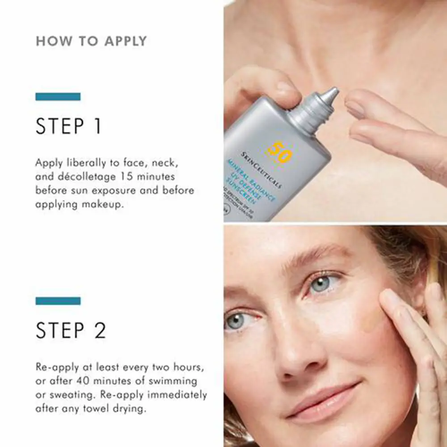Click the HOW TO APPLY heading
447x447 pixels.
[91, 41]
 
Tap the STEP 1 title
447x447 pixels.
[69, 127]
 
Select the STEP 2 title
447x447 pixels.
[71, 331]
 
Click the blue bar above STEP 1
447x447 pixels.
[58, 97]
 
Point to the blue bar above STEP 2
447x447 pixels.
[58, 301]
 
